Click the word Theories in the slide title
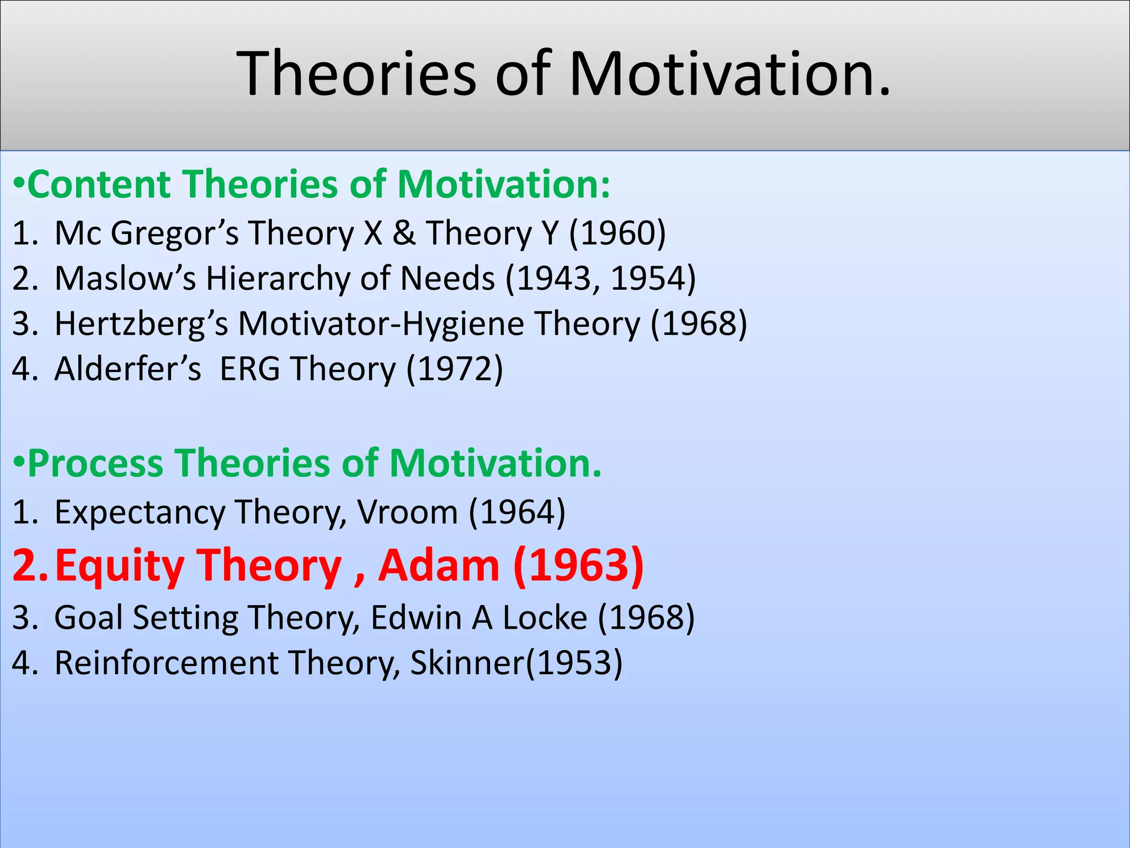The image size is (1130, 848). click(356, 73)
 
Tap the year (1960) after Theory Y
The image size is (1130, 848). click(617, 233)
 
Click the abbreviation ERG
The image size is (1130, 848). click(250, 369)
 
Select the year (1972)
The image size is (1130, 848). click(455, 369)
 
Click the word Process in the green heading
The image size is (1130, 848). click(96, 463)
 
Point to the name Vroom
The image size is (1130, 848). click(407, 512)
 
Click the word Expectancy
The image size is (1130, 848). click(140, 512)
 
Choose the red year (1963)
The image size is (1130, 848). click(578, 566)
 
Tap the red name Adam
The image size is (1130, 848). click(439, 566)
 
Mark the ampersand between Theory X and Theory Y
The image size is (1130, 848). click(404, 233)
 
